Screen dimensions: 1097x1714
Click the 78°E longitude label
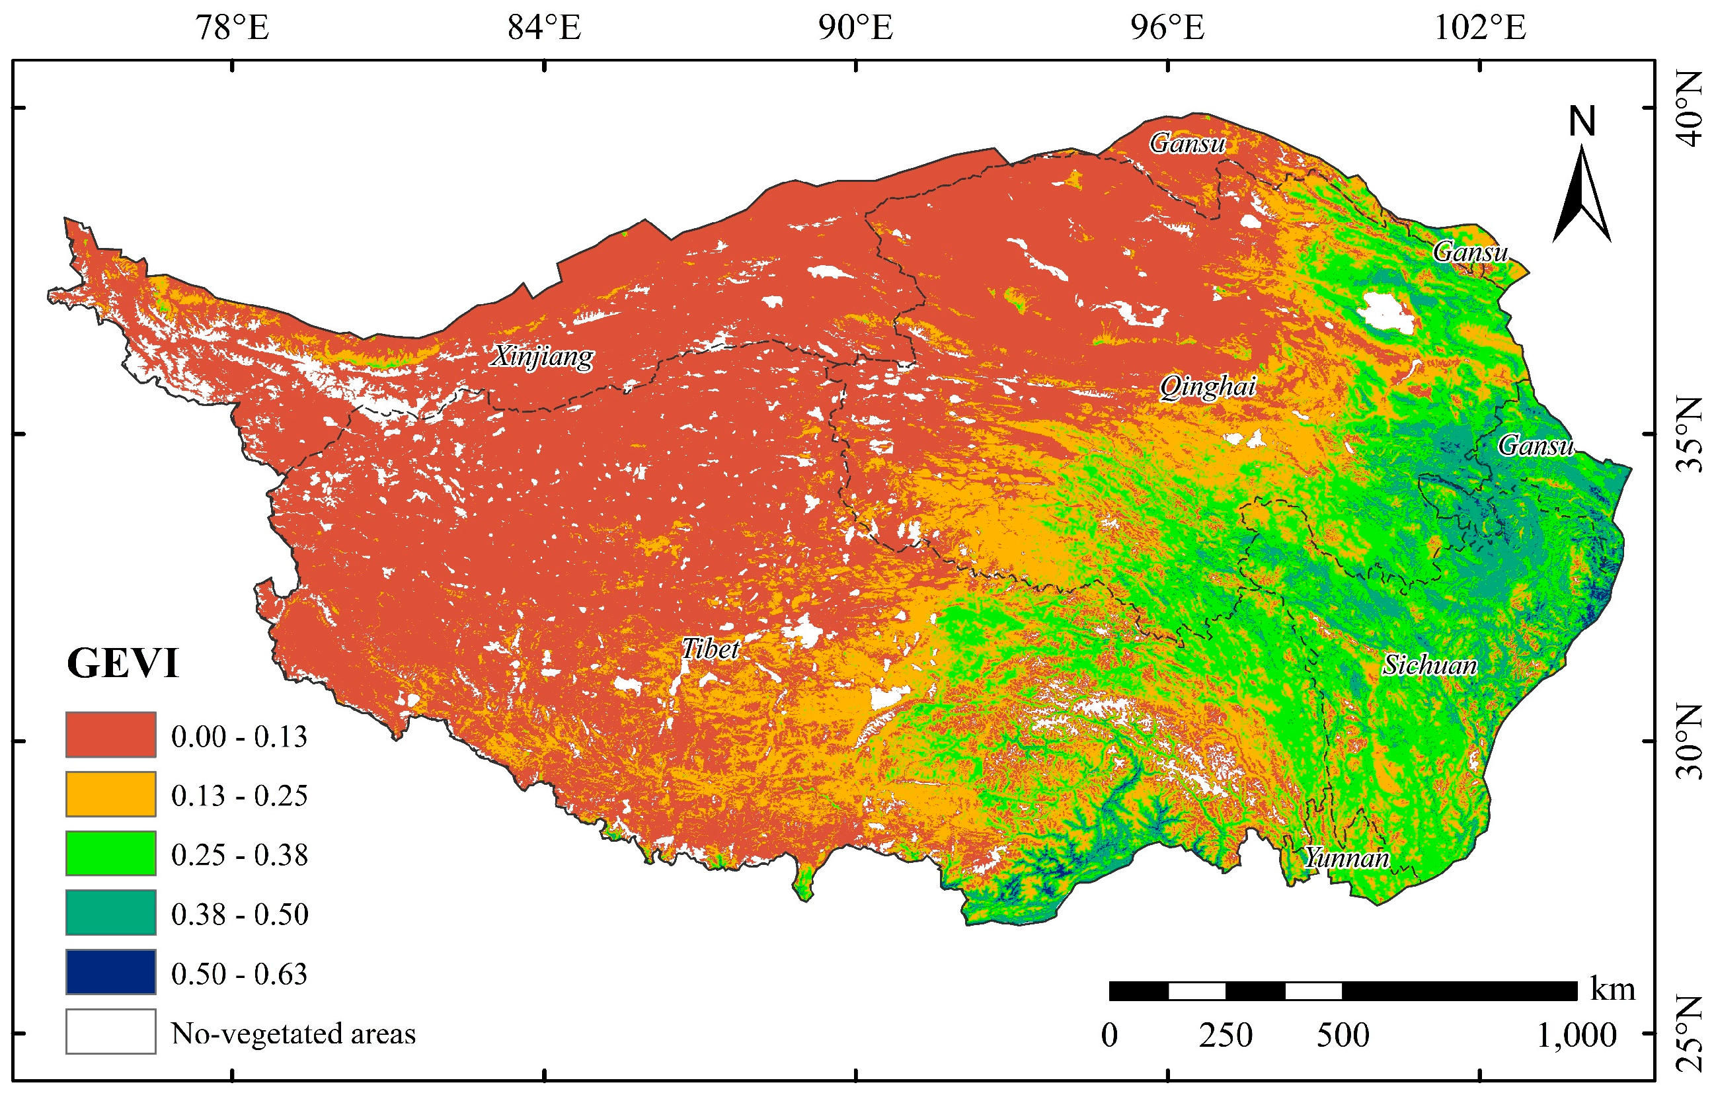pyautogui.click(x=232, y=28)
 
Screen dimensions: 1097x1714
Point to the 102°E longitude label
pyautogui.click(x=1480, y=28)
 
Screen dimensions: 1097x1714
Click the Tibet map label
pyautogui.click(x=710, y=648)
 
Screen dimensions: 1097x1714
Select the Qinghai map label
pyautogui.click(x=1207, y=386)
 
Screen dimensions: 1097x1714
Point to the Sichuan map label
pyautogui.click(x=1429, y=665)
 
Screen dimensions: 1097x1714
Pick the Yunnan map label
pyautogui.click(x=1346, y=858)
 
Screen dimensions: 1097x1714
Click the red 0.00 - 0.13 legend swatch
pyautogui.click(x=110, y=735)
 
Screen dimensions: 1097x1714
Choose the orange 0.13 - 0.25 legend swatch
pyautogui.click(x=110, y=793)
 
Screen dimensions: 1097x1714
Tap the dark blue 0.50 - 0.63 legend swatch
pyautogui.click(x=110, y=971)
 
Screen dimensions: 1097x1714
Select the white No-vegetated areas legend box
pyautogui.click(x=110, y=1031)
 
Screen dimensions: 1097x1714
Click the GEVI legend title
pyautogui.click(x=122, y=663)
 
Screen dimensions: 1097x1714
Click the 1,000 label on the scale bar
pyautogui.click(x=1576, y=1035)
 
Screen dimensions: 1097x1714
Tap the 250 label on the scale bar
pyautogui.click(x=1225, y=1035)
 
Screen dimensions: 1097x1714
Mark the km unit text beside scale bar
pyautogui.click(x=1612, y=989)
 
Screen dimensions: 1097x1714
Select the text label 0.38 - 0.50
pyautogui.click(x=239, y=914)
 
